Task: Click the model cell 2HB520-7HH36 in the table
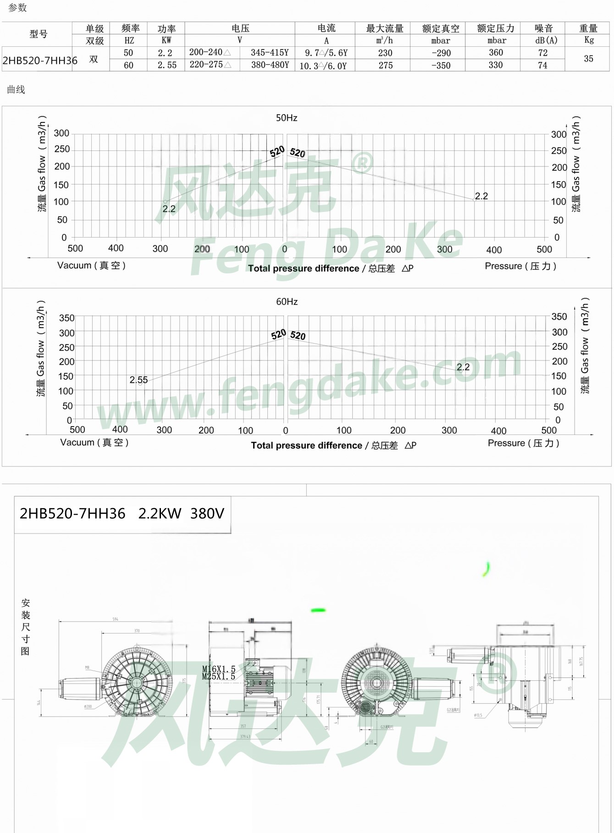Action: (40, 60)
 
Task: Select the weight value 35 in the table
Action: (588, 59)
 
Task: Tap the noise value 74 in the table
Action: (542, 65)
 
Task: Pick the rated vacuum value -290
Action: (441, 53)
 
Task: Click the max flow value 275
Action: (385, 65)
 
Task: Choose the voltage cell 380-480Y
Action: (270, 65)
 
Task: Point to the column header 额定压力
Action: (495, 28)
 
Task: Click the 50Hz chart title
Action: (287, 118)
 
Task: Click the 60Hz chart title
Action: (287, 301)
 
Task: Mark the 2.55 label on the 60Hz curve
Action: (138, 380)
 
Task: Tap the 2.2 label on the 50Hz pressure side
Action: (481, 196)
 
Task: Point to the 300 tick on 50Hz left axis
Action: (61, 133)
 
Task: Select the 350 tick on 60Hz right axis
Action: (559, 317)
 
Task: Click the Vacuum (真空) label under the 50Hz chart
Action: (91, 265)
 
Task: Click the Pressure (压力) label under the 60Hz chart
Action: (523, 443)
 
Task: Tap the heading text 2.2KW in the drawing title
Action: (160, 513)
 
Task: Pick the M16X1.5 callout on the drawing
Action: (219, 669)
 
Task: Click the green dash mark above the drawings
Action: (318, 610)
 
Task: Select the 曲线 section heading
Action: (16, 89)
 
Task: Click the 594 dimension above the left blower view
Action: (115, 619)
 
